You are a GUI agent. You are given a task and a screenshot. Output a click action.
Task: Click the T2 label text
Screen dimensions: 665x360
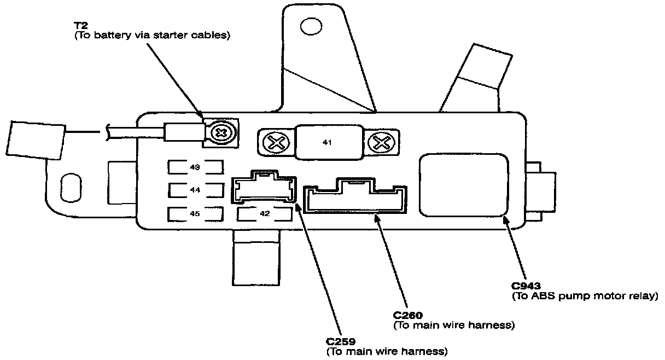pyautogui.click(x=81, y=26)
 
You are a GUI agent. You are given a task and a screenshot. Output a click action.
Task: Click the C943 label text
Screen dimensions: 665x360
pyautogui.click(x=526, y=286)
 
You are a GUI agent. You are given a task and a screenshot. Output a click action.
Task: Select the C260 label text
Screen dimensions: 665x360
pyautogui.click(x=407, y=315)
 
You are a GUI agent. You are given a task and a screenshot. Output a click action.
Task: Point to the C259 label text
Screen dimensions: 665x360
pyautogui.click(x=341, y=341)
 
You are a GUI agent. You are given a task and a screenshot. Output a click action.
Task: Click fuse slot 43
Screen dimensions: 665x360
pyautogui.click(x=195, y=167)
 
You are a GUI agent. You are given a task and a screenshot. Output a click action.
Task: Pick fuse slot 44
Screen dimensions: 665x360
pyautogui.click(x=196, y=190)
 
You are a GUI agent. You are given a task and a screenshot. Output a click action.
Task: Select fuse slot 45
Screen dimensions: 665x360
pyautogui.click(x=195, y=214)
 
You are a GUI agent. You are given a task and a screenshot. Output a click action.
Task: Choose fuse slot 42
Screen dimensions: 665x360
pyautogui.click(x=265, y=214)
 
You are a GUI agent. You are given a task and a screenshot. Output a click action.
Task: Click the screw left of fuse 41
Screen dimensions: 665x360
pyautogui.click(x=276, y=143)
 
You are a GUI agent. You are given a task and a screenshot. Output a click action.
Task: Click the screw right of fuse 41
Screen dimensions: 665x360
pyautogui.click(x=382, y=143)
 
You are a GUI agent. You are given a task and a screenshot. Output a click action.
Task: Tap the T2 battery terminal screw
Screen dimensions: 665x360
pyautogui.click(x=221, y=133)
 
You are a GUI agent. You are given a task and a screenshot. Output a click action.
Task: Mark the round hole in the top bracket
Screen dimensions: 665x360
pyautogui.click(x=311, y=26)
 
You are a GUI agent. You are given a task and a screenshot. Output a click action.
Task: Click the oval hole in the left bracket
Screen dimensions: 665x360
pyautogui.click(x=71, y=188)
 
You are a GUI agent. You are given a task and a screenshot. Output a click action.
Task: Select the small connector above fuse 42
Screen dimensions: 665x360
pyautogui.click(x=264, y=187)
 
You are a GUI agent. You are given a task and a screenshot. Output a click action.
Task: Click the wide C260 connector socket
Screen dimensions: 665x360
pyautogui.click(x=355, y=196)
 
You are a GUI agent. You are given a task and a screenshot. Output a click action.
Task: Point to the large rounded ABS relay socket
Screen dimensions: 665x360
pyautogui.click(x=464, y=185)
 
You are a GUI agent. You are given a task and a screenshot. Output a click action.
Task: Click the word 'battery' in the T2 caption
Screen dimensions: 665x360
pyautogui.click(x=113, y=36)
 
